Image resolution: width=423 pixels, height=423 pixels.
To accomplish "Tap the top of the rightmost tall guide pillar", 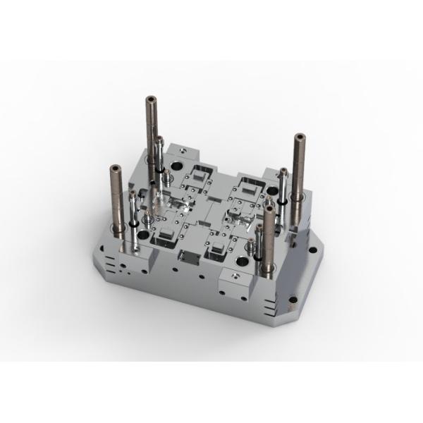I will [299, 135].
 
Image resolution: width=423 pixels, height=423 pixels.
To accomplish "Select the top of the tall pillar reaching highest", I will [152, 98].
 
